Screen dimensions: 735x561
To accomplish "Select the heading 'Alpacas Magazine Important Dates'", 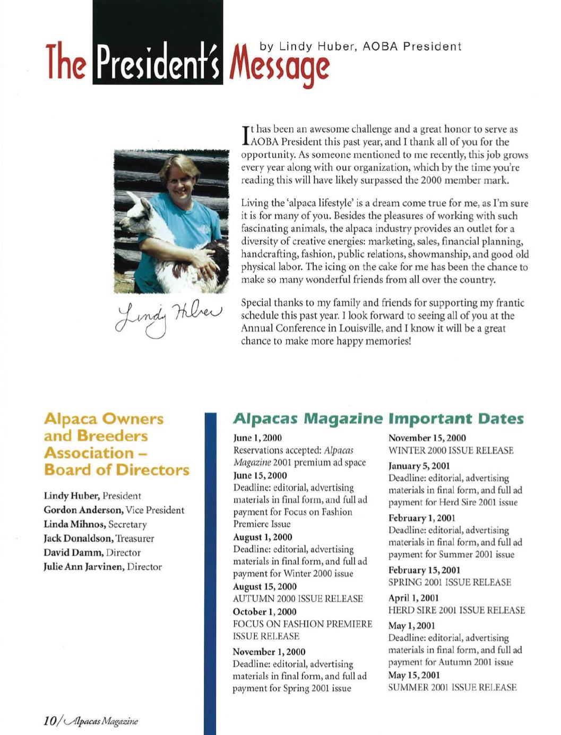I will click(378, 418).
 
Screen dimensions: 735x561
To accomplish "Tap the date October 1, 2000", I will click(265, 612).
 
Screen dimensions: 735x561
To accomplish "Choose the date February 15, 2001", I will click(424, 570).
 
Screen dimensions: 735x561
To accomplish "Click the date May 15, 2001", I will click(414, 675).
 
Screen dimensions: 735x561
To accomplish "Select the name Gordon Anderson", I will click(84, 510).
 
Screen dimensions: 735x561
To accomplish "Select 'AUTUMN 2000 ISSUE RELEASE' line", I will click(298, 599).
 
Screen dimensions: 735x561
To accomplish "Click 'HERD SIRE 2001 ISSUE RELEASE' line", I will click(456, 611).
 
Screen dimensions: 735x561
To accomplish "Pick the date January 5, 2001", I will click(419, 466).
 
